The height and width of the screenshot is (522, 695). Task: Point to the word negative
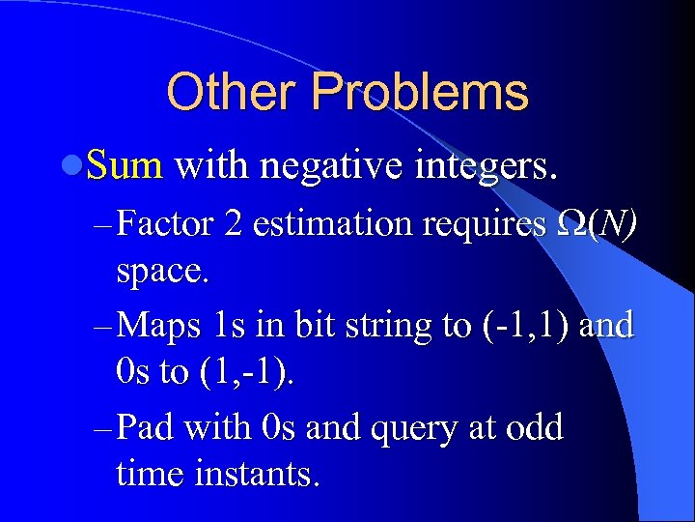tap(325, 167)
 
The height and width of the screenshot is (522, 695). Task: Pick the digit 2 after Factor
tap(233, 225)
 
